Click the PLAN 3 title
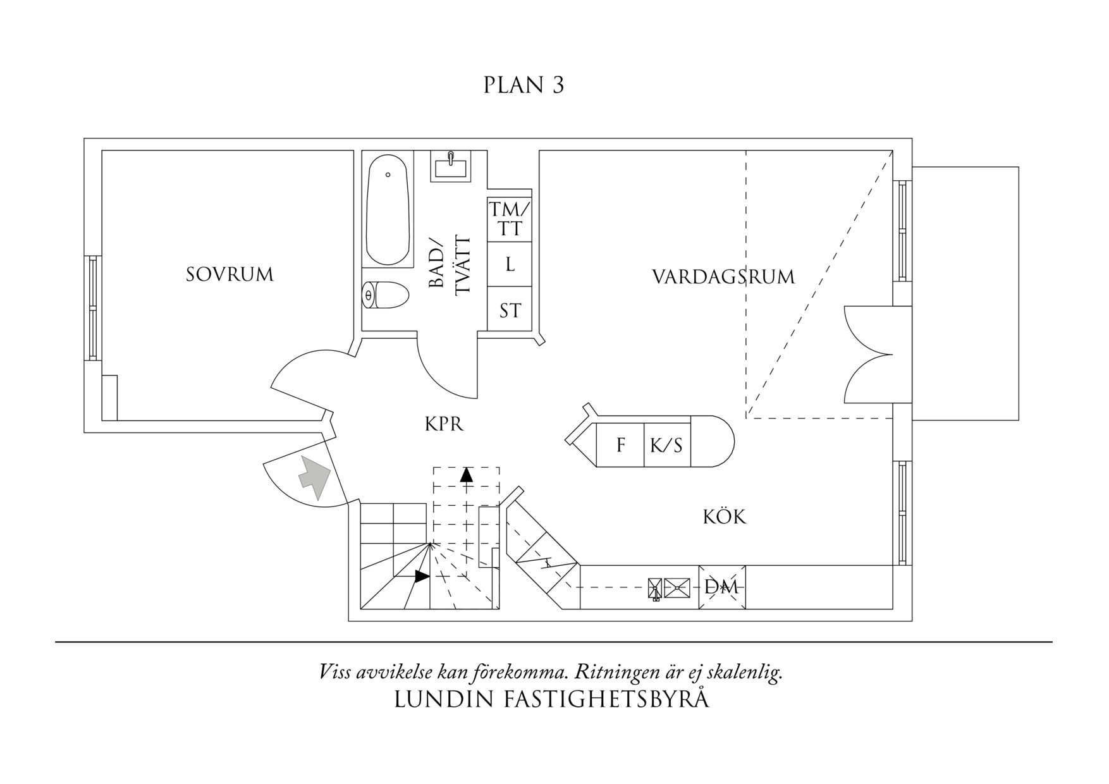(524, 85)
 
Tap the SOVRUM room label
(230, 274)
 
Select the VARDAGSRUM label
(723, 277)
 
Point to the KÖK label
(725, 517)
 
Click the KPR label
(444, 424)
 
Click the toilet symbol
(385, 295)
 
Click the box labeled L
(510, 264)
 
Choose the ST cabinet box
(510, 310)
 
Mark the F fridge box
(620, 446)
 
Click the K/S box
(666, 446)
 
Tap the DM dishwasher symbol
(721, 587)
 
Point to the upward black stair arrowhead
(467, 474)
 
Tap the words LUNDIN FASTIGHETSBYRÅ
(551, 699)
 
